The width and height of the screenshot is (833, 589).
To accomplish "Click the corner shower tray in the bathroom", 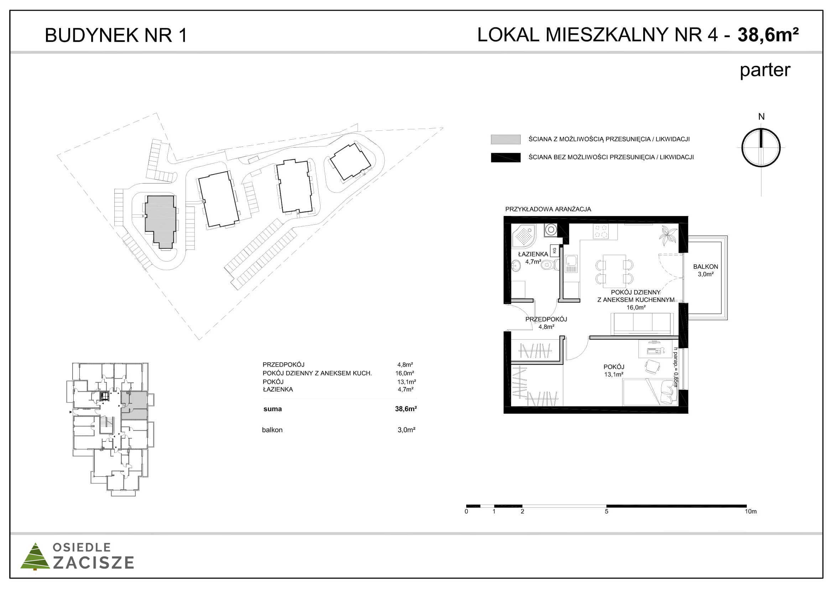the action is pyautogui.click(x=524, y=236).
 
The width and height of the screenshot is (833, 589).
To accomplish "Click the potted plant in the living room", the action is pyautogui.click(x=668, y=235).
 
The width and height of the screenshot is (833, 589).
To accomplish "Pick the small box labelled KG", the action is pyautogui.click(x=555, y=250).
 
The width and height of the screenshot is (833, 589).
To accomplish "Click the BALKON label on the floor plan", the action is pyautogui.click(x=705, y=267).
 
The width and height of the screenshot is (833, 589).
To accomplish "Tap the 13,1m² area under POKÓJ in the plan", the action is pyautogui.click(x=614, y=374).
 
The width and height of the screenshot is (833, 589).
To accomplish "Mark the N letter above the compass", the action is pyautogui.click(x=761, y=117).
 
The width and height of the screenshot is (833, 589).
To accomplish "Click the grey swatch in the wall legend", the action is pyautogui.click(x=506, y=139).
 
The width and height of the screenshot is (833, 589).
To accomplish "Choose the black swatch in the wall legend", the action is pyautogui.click(x=506, y=157).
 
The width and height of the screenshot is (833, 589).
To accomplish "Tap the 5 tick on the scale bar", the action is pyautogui.click(x=606, y=511).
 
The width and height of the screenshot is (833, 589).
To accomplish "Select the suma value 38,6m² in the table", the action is pyautogui.click(x=406, y=409).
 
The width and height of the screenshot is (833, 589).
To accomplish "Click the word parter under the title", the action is pyautogui.click(x=765, y=71).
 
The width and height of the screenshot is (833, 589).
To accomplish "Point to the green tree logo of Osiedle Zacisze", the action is pyautogui.click(x=35, y=556).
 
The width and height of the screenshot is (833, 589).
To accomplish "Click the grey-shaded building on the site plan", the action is pyautogui.click(x=161, y=221).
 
